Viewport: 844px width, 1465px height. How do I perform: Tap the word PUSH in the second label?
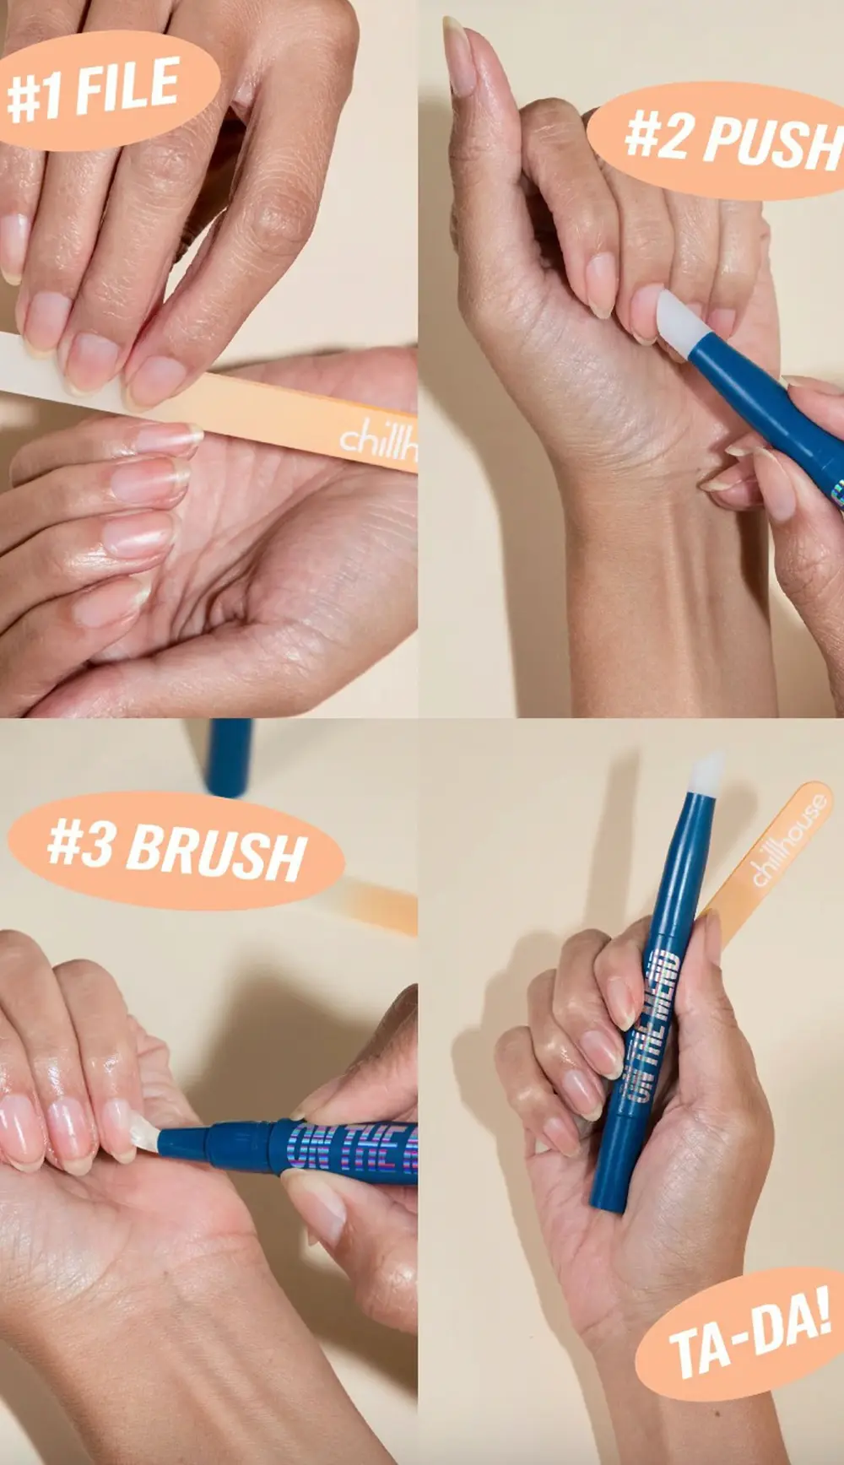pyautogui.click(x=773, y=143)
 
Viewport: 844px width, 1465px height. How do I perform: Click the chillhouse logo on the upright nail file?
pyautogui.click(x=790, y=840)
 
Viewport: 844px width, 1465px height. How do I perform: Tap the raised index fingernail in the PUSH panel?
pyautogui.click(x=459, y=59)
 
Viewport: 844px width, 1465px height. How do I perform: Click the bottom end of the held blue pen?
pyautogui.click(x=606, y=1198)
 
